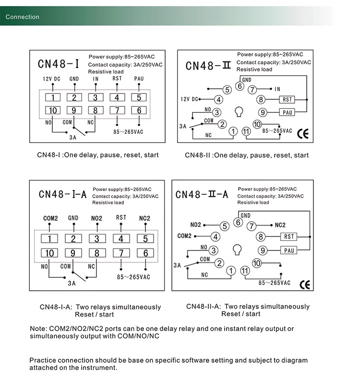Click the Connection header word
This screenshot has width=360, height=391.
coord(23,17)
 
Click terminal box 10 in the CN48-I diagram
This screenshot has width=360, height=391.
coord(53,110)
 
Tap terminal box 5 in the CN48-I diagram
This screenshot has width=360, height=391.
coord(139,98)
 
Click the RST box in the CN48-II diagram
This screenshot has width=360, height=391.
coord(287,100)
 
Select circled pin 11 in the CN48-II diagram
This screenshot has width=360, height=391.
coord(246,131)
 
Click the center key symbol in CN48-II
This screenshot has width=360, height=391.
coord(238,112)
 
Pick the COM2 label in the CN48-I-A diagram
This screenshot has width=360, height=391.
coord(50,218)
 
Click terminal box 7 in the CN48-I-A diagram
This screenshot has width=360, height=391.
coord(121,253)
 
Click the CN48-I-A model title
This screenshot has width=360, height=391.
coord(62,194)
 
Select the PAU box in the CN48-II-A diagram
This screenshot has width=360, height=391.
coord(289,250)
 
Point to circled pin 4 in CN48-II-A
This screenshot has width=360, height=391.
coord(216,237)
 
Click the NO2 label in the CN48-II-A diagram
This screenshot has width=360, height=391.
coord(196,225)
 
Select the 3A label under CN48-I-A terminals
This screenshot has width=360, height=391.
coord(72,284)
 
